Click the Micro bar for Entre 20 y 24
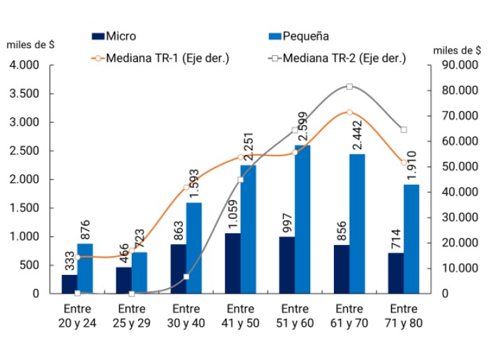tap(70, 284)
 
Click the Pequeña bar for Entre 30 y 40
tap(195, 248)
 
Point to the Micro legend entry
tap(114, 36)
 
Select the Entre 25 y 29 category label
tap(132, 316)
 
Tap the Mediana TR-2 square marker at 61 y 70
tap(349, 87)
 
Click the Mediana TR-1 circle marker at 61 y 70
tap(349, 112)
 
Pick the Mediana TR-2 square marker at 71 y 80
tap(404, 130)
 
